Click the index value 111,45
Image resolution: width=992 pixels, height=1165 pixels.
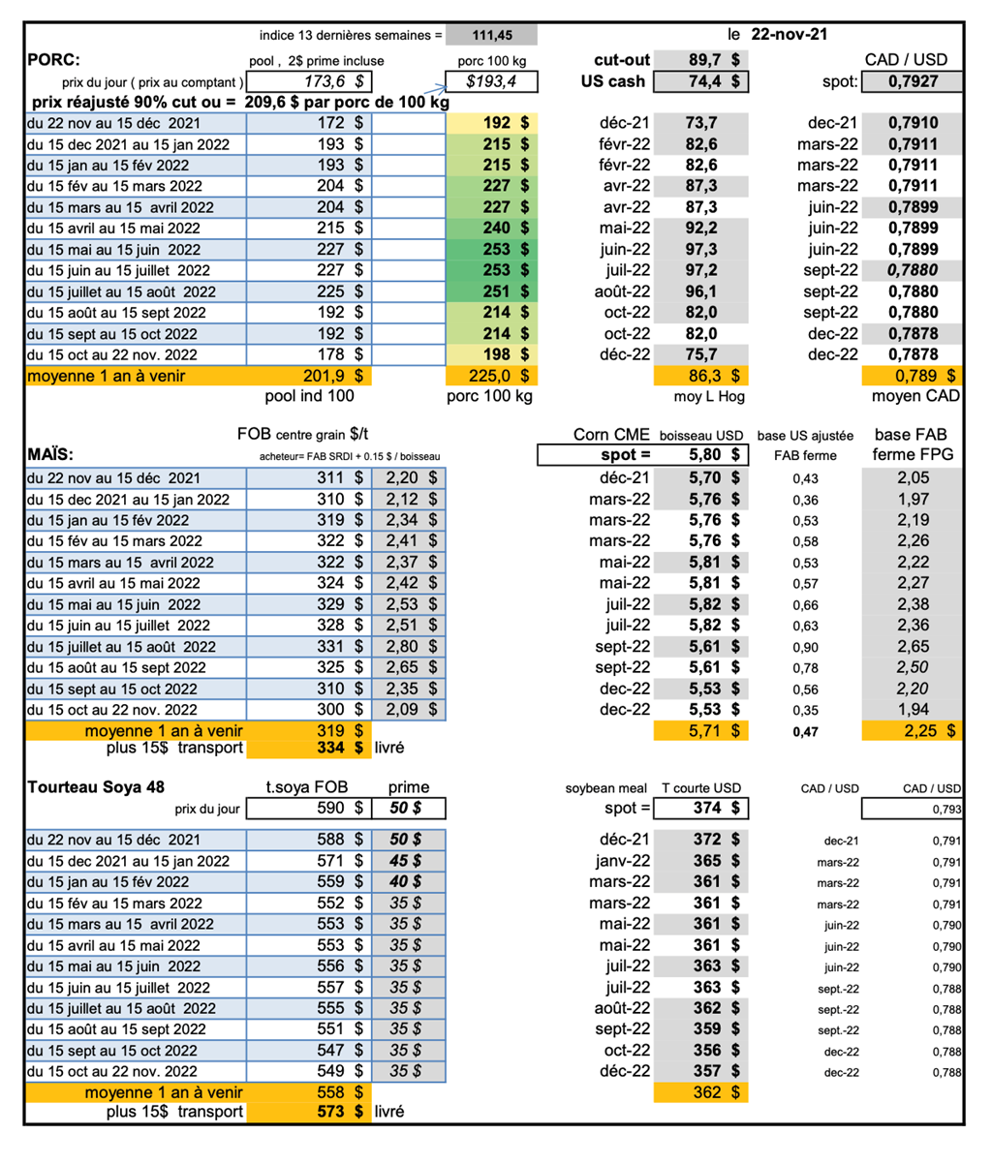click(491, 36)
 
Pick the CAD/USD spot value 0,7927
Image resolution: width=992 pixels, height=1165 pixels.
click(913, 81)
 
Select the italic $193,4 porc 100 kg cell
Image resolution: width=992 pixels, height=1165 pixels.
click(491, 81)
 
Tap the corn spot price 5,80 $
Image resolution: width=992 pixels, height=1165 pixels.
click(712, 454)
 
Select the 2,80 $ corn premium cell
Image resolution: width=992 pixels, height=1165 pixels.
click(406, 646)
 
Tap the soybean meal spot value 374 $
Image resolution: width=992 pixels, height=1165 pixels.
click(713, 808)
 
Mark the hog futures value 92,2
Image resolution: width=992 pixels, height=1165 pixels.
click(702, 229)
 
